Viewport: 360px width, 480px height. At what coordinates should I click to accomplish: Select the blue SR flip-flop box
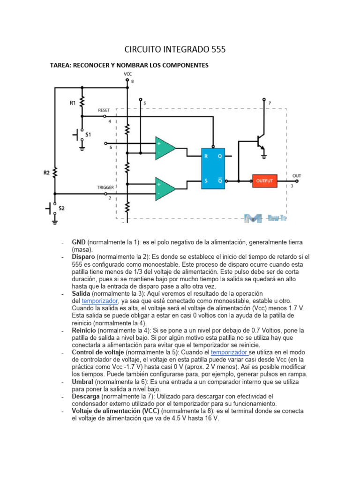[x=213, y=168]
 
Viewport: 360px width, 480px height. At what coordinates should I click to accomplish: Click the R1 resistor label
[x=73, y=103]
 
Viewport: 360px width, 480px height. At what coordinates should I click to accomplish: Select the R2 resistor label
[x=46, y=172]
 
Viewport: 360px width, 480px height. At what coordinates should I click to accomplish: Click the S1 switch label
[x=88, y=135]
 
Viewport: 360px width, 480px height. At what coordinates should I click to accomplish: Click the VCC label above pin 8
[x=127, y=74]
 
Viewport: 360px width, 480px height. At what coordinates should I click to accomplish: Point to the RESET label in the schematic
[x=104, y=110]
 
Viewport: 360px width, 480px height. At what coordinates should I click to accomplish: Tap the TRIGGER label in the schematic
[x=105, y=187]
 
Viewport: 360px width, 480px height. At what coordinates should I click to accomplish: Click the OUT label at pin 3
[x=297, y=176]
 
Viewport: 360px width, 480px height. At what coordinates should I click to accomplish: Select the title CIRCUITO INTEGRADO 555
[x=175, y=49]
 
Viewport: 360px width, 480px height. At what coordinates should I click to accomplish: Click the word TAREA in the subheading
[x=61, y=65]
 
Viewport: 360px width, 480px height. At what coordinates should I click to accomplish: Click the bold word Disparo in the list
[x=83, y=257]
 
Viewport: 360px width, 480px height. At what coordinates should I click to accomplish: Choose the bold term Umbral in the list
[x=83, y=382]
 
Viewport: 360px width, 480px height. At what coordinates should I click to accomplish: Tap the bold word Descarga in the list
[x=86, y=396]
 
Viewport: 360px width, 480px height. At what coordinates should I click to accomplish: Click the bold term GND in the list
[x=79, y=242]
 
